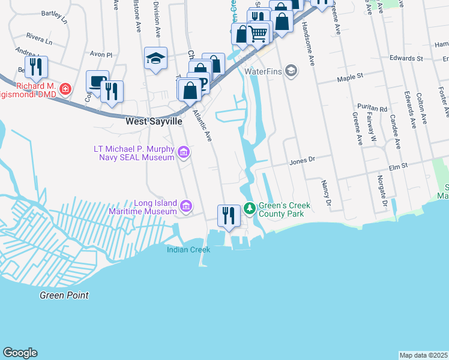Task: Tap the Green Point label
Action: click(x=64, y=295)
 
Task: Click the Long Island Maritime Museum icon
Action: click(x=186, y=207)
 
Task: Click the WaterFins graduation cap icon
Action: click(x=291, y=71)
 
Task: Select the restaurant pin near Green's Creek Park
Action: click(x=229, y=215)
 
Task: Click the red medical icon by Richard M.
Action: click(x=65, y=90)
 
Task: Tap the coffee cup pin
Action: click(x=97, y=81)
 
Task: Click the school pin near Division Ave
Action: click(x=155, y=58)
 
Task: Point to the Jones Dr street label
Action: click(x=302, y=161)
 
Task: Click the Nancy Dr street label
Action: click(x=327, y=193)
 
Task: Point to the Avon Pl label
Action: click(x=101, y=54)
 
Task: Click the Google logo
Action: click(x=20, y=353)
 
